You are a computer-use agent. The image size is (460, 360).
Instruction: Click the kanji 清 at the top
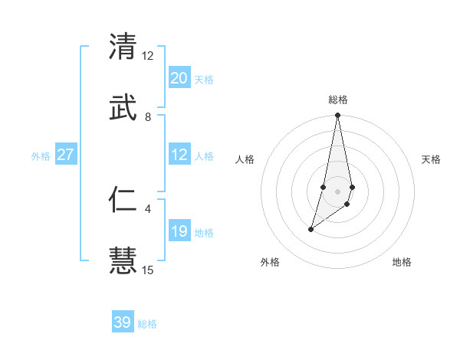pyautogui.click(x=123, y=47)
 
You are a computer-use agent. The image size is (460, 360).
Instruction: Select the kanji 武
pyautogui.click(x=123, y=108)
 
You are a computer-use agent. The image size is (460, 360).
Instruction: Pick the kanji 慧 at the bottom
pyautogui.click(x=123, y=260)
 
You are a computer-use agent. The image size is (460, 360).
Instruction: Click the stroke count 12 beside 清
pyautogui.click(x=147, y=56)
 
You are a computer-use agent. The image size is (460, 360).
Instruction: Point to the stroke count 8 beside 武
pyautogui.click(x=148, y=117)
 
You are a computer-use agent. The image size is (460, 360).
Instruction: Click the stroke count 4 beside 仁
pyautogui.click(x=148, y=208)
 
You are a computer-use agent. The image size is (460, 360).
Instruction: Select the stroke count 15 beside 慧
pyautogui.click(x=148, y=270)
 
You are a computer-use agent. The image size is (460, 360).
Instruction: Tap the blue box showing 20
pyautogui.click(x=179, y=77)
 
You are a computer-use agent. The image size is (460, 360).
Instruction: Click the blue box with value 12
pyautogui.click(x=179, y=155)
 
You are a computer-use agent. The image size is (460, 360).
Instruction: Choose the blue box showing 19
pyautogui.click(x=179, y=231)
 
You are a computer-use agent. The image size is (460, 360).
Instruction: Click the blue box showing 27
pyautogui.click(x=66, y=155)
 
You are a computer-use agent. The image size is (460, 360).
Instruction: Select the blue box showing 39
pyautogui.click(x=123, y=322)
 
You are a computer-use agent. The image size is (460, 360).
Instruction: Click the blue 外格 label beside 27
pyautogui.click(x=41, y=156)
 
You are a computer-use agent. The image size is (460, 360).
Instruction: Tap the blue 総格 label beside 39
pyautogui.click(x=147, y=324)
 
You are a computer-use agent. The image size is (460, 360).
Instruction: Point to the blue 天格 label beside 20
pyautogui.click(x=204, y=79)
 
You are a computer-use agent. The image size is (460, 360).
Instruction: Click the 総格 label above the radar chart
pyautogui.click(x=338, y=100)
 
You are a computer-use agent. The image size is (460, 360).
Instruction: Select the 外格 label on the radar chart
pyautogui.click(x=270, y=262)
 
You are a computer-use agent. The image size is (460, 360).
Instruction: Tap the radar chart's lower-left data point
pyautogui.click(x=311, y=229)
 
